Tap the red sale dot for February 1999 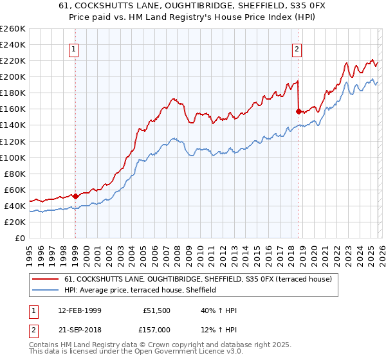coord(75,196)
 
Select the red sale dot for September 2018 coord(299,111)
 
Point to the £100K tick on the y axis coord(12,157)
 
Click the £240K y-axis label coord(12,44)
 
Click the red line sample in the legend coord(46,279)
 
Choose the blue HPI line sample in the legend coord(46,291)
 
